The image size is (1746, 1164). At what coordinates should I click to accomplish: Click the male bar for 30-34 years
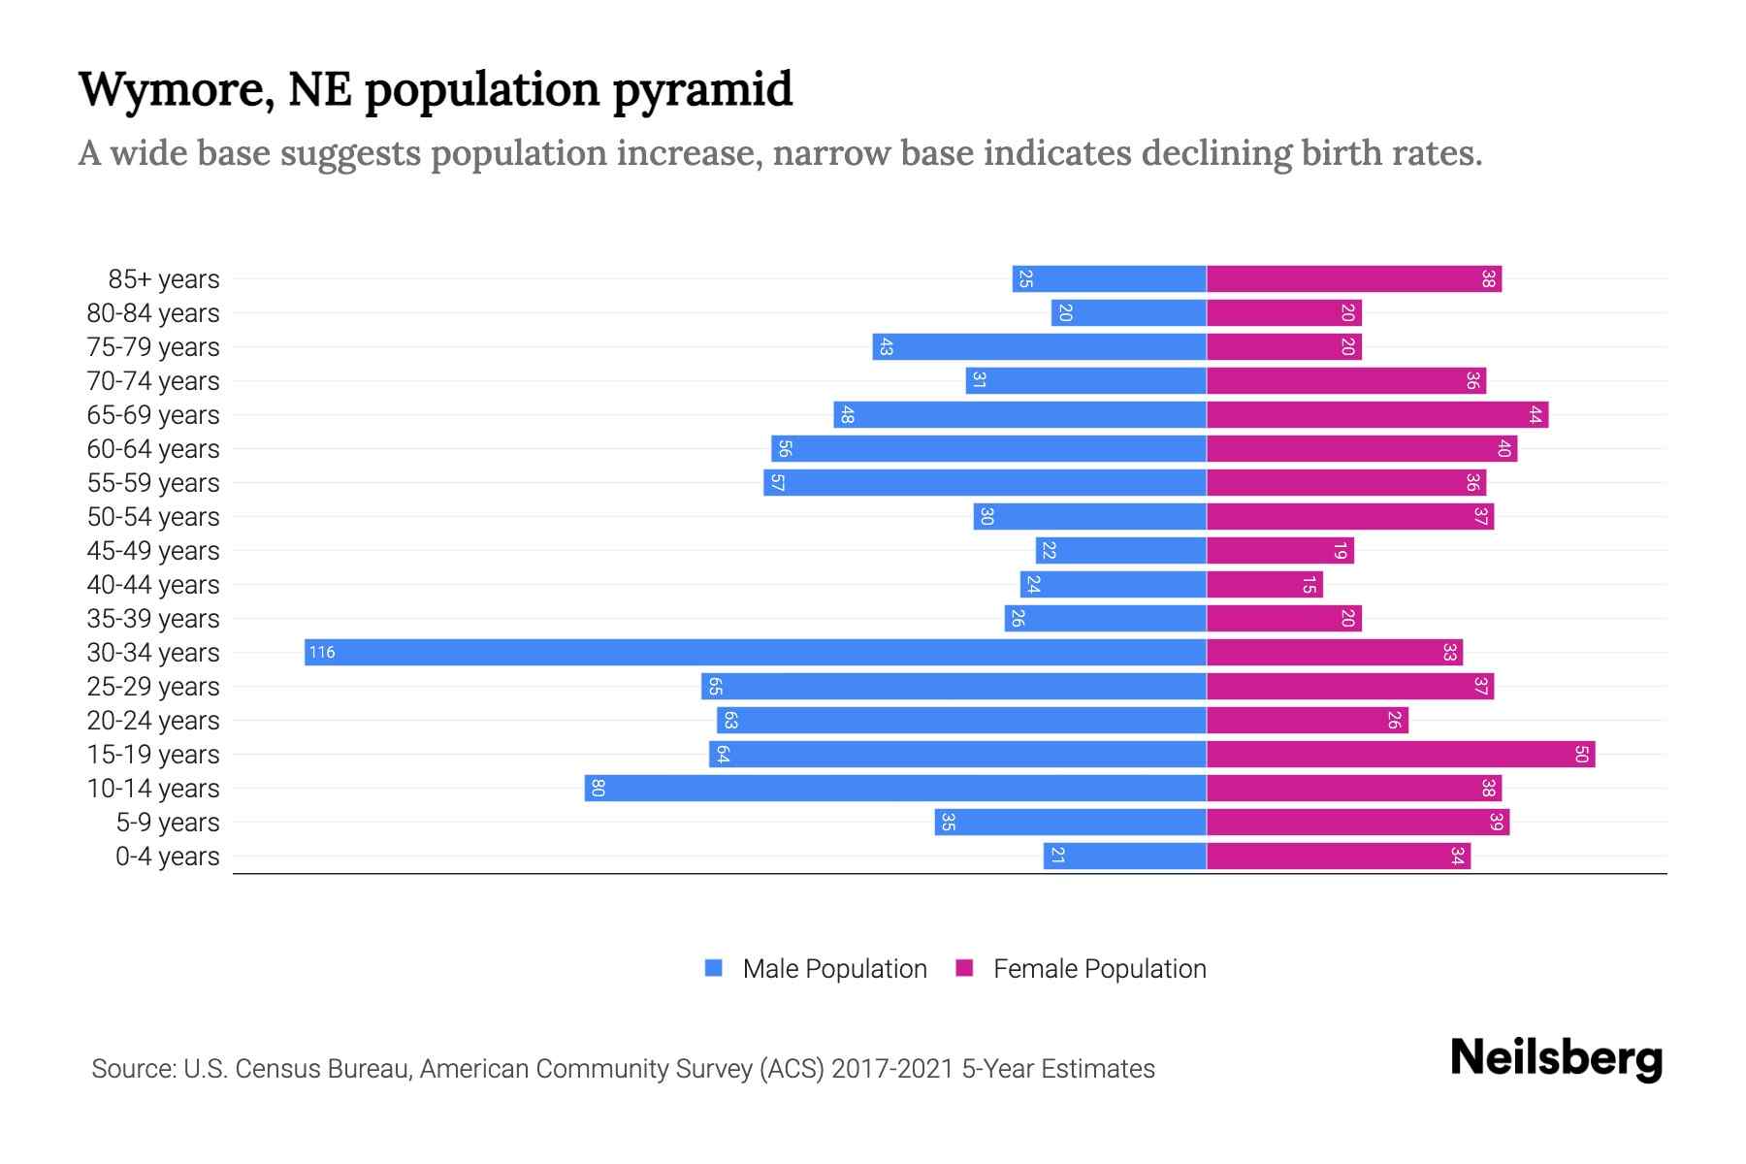(756, 652)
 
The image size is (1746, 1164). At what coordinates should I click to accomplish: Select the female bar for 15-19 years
(1401, 754)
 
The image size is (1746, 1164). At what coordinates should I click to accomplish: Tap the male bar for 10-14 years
(895, 788)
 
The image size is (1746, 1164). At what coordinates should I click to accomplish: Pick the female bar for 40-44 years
(1264, 584)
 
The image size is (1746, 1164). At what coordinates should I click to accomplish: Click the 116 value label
(322, 652)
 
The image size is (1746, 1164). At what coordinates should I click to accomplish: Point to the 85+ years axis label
(164, 279)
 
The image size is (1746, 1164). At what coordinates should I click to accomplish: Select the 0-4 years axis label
(167, 857)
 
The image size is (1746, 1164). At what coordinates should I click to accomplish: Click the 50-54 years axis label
(153, 517)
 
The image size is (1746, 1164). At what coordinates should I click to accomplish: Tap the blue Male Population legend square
(714, 968)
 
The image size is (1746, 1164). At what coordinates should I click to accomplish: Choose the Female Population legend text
(1099, 968)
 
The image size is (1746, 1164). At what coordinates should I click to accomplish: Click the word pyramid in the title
(702, 89)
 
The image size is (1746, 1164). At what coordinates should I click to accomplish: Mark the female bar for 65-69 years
(1377, 414)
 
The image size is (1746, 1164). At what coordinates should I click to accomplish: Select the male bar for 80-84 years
(1129, 312)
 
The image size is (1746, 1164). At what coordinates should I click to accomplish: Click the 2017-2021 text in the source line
(892, 1069)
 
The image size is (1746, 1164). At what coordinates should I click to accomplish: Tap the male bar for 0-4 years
(1125, 856)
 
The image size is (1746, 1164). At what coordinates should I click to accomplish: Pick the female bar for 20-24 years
(1308, 720)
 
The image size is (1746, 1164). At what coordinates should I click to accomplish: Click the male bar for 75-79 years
(1039, 346)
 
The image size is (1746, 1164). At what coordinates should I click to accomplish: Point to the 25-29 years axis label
(153, 687)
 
